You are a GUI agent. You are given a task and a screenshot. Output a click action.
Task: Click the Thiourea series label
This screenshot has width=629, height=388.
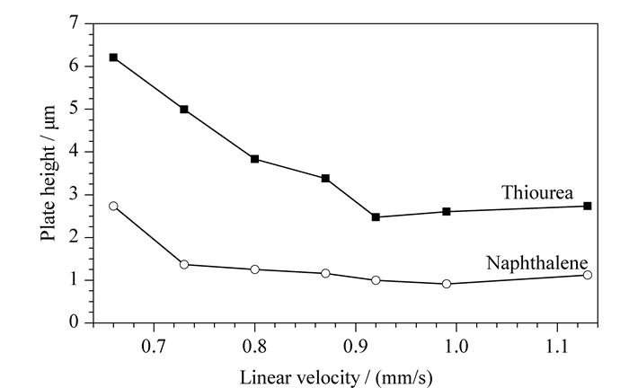tap(537, 192)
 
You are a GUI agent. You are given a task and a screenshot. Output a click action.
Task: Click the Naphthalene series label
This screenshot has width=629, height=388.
tap(537, 263)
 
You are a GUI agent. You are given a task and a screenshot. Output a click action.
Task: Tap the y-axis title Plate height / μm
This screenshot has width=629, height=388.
tap(49, 173)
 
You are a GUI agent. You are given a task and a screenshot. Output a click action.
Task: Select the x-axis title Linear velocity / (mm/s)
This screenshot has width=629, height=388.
tap(336, 377)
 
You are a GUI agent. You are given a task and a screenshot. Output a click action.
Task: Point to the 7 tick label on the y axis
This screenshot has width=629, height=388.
tap(75, 22)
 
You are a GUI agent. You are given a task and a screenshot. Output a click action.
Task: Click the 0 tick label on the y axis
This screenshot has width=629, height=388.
tap(75, 322)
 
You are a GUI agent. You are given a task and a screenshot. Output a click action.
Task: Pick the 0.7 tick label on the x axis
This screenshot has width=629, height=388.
tap(154, 346)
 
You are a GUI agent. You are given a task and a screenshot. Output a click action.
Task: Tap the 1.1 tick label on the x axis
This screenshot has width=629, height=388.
tap(557, 346)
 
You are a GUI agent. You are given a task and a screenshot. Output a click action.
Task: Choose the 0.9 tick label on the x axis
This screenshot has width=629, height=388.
tap(356, 346)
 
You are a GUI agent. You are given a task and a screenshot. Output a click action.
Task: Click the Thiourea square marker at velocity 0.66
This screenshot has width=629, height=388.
tap(113, 57)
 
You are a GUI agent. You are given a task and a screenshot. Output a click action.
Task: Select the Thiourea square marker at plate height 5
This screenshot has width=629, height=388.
tap(184, 109)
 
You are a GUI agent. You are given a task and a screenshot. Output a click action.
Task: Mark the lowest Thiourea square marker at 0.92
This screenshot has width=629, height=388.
tap(376, 216)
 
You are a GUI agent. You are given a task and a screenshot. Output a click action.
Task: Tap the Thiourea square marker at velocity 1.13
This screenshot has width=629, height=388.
tap(588, 206)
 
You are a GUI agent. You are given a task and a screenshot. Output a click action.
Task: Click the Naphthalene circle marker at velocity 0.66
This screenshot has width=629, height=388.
tap(113, 206)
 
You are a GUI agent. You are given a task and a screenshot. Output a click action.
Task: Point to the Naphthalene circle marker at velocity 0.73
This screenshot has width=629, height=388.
tap(184, 265)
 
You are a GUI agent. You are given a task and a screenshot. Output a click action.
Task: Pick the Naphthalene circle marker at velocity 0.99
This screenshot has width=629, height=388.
tap(447, 284)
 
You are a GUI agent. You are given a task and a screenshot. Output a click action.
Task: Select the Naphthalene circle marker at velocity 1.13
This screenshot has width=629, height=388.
tap(588, 275)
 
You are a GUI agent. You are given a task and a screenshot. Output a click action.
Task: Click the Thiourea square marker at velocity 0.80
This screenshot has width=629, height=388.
tap(254, 159)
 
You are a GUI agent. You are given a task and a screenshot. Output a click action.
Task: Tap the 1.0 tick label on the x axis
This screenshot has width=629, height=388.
tap(456, 346)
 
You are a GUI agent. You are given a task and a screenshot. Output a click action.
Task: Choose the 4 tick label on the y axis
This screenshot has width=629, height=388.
tap(75, 151)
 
